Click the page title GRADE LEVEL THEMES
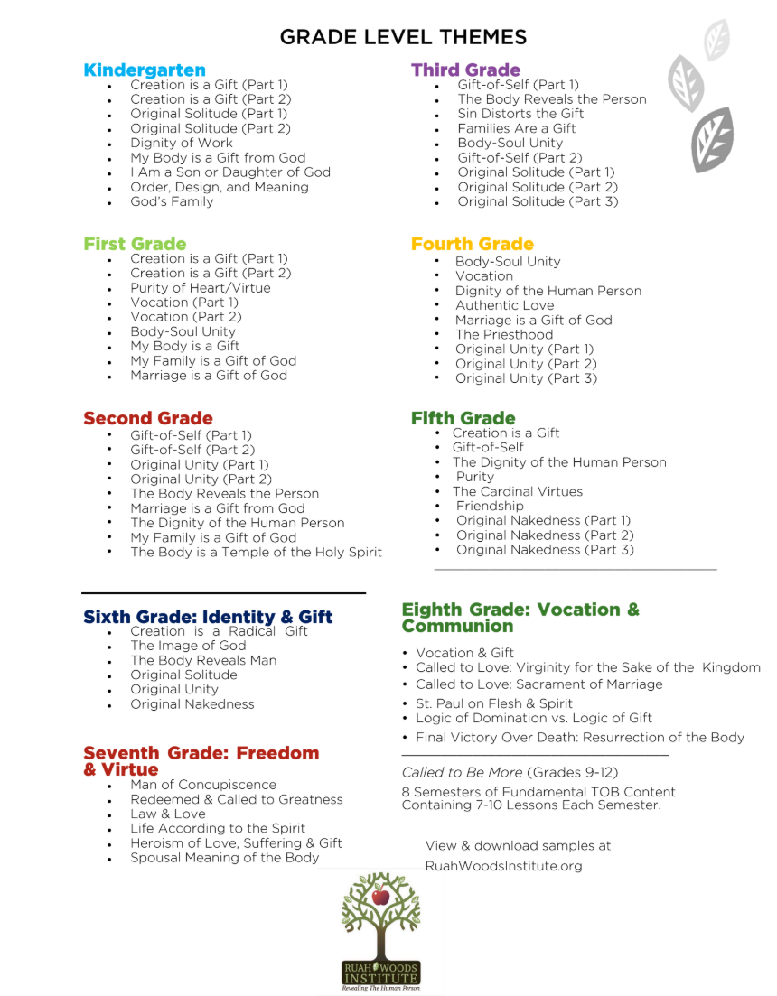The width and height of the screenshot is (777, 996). [403, 37]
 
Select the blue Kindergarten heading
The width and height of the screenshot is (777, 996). [145, 70]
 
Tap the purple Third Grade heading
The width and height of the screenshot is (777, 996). [465, 70]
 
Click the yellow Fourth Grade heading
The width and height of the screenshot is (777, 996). [472, 244]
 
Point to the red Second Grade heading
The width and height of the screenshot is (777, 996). [148, 418]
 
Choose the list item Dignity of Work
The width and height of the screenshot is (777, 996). [181, 143]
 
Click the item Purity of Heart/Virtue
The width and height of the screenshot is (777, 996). [200, 288]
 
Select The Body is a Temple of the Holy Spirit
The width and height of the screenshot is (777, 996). [256, 552]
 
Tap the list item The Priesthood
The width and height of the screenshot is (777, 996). [504, 334]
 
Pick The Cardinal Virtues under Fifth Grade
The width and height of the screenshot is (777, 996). [518, 491]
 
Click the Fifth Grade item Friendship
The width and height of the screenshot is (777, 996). [490, 506]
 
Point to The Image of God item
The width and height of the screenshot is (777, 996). [188, 646]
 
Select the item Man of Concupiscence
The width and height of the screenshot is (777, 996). [203, 785]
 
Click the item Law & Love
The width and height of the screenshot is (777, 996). [168, 814]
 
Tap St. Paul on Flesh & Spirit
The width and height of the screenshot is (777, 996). [494, 703]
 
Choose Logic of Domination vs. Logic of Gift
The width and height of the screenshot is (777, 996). [534, 718]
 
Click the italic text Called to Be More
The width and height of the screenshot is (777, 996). [462, 772]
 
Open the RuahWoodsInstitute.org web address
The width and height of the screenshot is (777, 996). [504, 866]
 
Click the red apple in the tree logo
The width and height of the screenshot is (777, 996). [380, 898]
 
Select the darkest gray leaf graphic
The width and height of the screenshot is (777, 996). [713, 140]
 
